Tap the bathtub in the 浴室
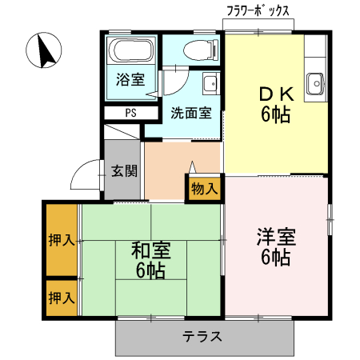130,52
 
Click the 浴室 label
130,80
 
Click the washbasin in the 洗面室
210,83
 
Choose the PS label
130,113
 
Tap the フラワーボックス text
258,12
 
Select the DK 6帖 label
275,104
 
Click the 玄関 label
124,170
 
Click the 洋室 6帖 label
276,247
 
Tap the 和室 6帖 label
150,261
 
